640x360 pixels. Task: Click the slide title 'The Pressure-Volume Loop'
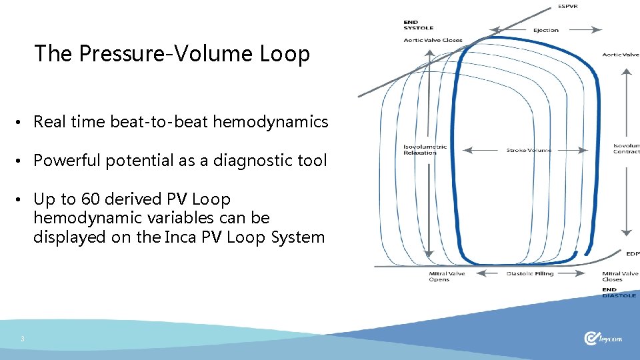click(x=172, y=53)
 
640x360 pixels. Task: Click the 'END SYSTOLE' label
click(x=419, y=25)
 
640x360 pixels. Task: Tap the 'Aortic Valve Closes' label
click(x=433, y=40)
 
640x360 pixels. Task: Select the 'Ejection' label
click(x=545, y=30)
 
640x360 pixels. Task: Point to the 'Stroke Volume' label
click(x=529, y=150)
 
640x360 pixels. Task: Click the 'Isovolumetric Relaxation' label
click(x=425, y=149)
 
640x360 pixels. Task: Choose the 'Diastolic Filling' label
click(x=530, y=274)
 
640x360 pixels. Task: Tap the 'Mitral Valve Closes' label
click(x=620, y=277)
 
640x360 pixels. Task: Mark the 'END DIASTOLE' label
click(x=619, y=292)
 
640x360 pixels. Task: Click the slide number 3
click(x=22, y=339)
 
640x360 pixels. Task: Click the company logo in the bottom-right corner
click(x=603, y=339)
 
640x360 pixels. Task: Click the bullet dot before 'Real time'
click(x=22, y=123)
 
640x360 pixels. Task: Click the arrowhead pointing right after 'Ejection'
click(x=597, y=30)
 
